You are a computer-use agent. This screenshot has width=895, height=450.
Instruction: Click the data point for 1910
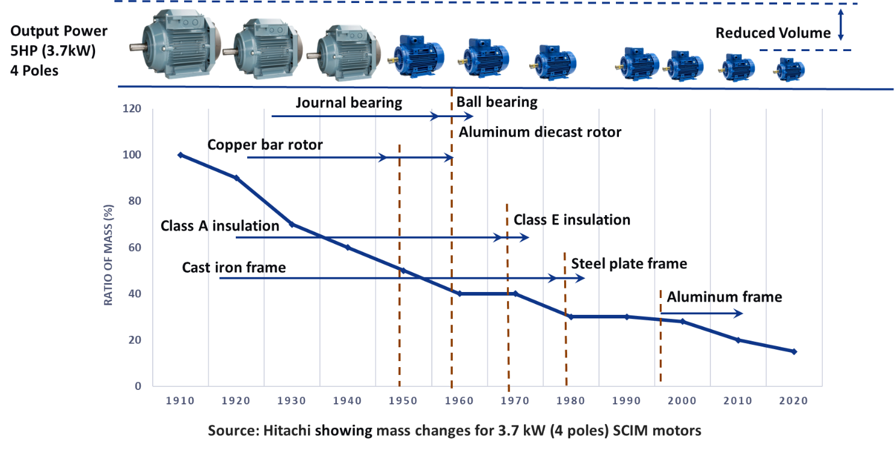[180, 155]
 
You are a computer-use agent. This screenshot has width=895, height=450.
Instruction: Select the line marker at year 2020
[794, 351]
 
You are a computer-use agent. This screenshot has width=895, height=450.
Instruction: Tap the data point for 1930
[292, 224]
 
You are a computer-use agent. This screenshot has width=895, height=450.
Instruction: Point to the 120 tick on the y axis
[132, 109]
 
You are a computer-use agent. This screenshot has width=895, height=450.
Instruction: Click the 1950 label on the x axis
[403, 401]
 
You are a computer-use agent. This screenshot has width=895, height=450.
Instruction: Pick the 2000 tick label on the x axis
[682, 401]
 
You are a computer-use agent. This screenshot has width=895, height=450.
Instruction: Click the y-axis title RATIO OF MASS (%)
[108, 255]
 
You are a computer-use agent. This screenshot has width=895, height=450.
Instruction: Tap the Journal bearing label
[349, 103]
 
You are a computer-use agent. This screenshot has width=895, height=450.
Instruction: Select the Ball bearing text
[497, 102]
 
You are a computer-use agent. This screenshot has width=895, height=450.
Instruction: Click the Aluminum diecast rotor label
[540, 132]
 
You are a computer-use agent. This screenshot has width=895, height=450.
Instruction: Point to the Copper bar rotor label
[265, 145]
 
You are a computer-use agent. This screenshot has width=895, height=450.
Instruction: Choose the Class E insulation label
[572, 220]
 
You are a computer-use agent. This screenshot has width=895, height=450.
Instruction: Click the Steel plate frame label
[629, 264]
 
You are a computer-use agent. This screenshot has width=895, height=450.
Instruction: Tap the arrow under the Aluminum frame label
[701, 314]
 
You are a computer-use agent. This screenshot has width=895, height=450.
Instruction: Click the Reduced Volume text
[773, 32]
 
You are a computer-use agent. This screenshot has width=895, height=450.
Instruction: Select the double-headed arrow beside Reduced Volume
[841, 25]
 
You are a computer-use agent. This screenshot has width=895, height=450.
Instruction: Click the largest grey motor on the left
[175, 43]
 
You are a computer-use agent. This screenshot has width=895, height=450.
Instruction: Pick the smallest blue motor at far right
[789, 70]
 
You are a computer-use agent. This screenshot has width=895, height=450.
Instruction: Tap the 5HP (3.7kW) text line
[53, 51]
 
